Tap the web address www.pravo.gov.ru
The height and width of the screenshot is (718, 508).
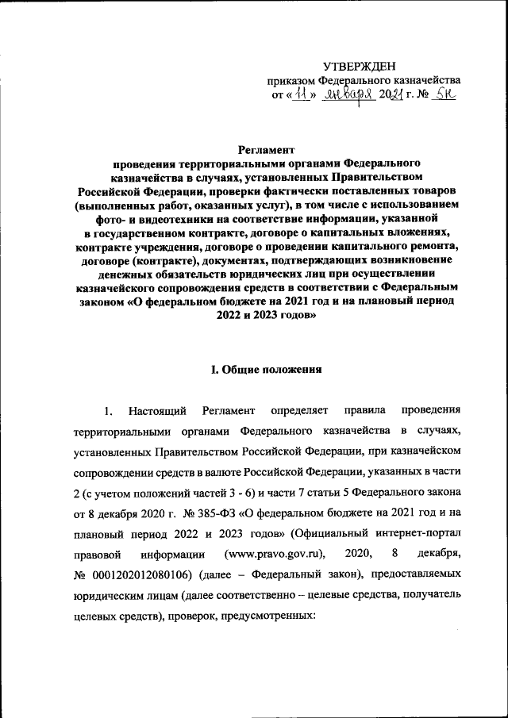(269, 553)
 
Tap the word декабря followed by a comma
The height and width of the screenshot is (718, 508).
(438, 553)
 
